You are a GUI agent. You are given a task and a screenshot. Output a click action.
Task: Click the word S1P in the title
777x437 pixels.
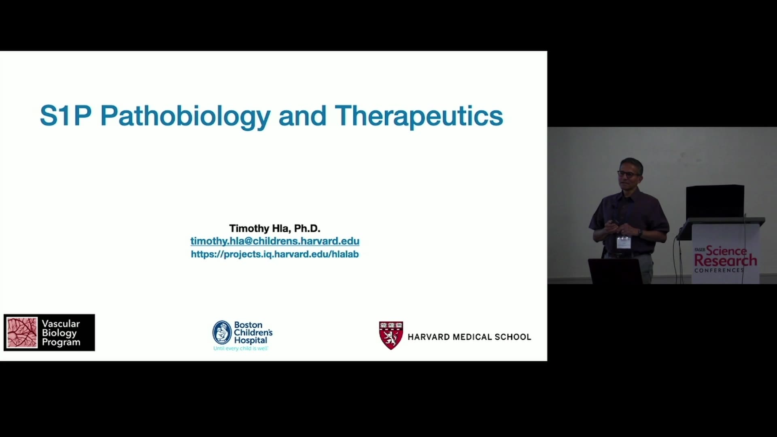coord(66,116)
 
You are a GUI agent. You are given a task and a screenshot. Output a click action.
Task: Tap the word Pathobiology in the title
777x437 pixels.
coord(185,117)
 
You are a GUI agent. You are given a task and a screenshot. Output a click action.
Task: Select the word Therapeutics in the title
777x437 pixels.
coord(419,117)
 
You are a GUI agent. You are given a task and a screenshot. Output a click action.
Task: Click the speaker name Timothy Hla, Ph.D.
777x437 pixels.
coord(275,229)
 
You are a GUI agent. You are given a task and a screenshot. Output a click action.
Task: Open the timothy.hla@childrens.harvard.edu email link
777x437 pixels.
coord(275,241)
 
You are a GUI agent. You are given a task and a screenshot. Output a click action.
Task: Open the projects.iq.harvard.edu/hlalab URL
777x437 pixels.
coord(275,254)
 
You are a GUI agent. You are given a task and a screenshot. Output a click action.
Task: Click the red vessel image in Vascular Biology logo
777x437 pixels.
coord(22,333)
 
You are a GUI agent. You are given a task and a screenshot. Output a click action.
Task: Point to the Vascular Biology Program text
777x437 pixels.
coord(61,333)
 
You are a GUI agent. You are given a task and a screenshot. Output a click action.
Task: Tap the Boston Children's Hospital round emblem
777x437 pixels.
coord(222,333)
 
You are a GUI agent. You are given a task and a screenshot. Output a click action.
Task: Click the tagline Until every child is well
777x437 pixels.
coord(241,348)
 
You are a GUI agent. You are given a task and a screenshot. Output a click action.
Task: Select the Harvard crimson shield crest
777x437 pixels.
coord(391,335)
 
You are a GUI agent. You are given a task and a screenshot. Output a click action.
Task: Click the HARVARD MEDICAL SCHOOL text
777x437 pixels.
coord(469,337)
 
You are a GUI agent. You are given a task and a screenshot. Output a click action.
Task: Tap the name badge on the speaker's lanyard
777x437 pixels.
coord(623,242)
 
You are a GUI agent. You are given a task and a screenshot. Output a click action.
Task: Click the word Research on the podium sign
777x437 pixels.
coord(726,261)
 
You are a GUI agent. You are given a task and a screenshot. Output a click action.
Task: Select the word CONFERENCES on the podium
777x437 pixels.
coord(719,270)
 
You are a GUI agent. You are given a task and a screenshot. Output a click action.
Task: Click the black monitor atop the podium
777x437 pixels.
coord(715,202)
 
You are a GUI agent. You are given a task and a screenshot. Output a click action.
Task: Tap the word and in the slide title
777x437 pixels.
coord(302,116)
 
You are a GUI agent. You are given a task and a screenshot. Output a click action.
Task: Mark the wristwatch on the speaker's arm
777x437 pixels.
coord(640,233)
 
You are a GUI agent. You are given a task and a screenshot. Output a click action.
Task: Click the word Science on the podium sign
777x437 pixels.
coord(726,250)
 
